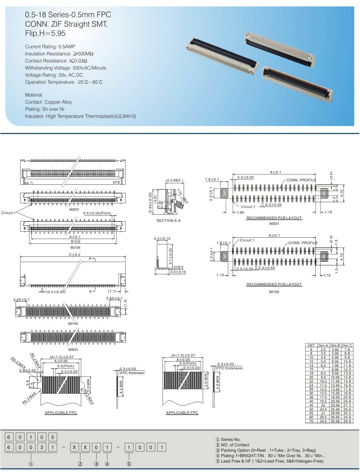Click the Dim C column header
[x=347, y=345]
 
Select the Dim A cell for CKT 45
[x=323, y=405]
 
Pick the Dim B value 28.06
[x=335, y=413]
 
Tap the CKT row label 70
[x=311, y=421]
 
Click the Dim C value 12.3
[x=347, y=369]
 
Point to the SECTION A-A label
[x=169, y=220]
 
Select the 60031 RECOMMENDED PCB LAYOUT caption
[x=274, y=218]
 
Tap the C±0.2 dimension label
[x=75, y=255]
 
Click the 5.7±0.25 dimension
[x=171, y=256]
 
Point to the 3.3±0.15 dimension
[x=178, y=272]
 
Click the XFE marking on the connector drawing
[x=117, y=182]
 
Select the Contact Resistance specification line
[x=56, y=61]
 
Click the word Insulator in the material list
[x=34, y=116]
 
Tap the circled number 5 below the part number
[x=129, y=464]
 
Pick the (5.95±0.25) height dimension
[x=150, y=203]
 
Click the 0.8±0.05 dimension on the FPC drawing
[x=27, y=370]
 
